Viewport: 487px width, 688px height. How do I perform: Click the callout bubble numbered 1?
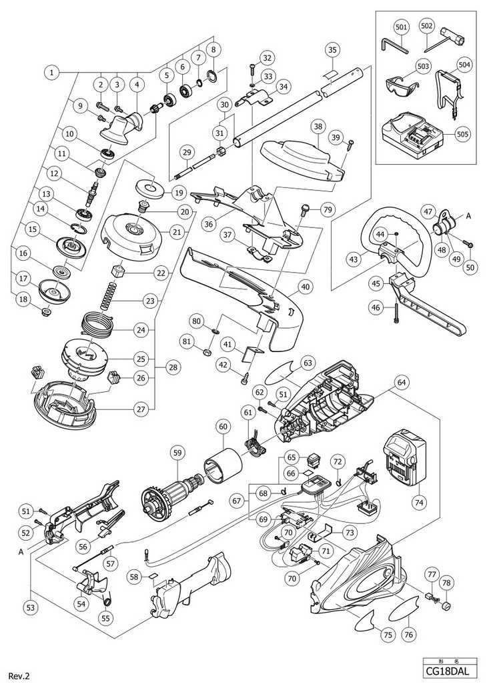[x=52, y=72]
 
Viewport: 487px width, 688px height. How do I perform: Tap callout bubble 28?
[x=173, y=368]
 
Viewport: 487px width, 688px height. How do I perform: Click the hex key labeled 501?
[x=394, y=45]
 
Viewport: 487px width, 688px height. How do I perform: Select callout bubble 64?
[x=401, y=382]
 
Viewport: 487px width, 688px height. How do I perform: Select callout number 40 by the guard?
[x=304, y=287]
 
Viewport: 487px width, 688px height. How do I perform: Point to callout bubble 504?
[x=464, y=65]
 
